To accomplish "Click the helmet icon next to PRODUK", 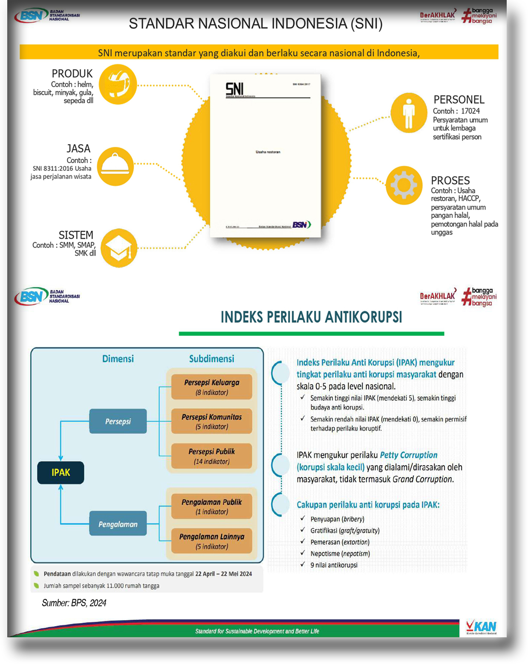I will [x=118, y=84].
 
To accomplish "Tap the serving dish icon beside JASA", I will [x=115, y=166].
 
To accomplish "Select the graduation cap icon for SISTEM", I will [x=119, y=248].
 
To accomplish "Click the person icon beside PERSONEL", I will [x=409, y=113].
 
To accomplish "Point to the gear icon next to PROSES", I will [x=404, y=185].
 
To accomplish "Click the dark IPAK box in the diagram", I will [x=61, y=472].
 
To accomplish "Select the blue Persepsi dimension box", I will [x=118, y=421].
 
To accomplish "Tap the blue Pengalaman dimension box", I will [x=118, y=524].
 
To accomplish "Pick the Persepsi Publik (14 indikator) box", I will [x=212, y=456].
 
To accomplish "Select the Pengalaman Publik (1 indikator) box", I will [x=212, y=506].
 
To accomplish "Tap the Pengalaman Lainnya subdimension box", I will [x=212, y=541].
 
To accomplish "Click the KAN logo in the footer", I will [x=481, y=627].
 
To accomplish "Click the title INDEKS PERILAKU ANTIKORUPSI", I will [x=311, y=317].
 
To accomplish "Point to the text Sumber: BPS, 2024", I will [x=74, y=603].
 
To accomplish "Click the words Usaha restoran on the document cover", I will [x=268, y=152].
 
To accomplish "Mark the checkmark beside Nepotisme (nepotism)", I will [x=303, y=553].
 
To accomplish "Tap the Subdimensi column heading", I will [x=211, y=359].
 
